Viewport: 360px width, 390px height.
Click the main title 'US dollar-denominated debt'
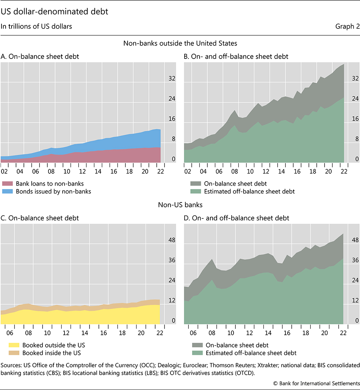coord(54,12)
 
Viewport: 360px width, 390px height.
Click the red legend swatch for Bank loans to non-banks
coord(8,183)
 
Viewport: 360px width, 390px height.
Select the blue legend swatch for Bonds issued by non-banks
coord(8,191)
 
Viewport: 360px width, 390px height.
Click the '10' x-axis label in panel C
coord(47,333)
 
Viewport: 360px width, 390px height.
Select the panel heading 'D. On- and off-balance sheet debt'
coord(237,218)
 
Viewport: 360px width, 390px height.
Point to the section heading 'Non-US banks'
coord(180,204)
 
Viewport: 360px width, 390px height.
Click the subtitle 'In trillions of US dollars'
coord(36,26)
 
